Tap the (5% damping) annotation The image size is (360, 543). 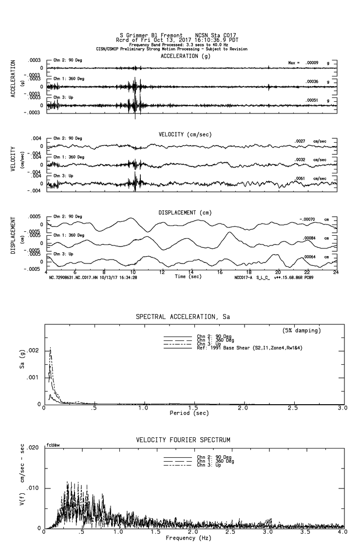[x=302, y=331]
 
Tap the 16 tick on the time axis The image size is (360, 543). [x=220, y=272]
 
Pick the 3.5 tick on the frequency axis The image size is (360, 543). [x=307, y=533]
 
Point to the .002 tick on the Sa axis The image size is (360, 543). [x=34, y=351]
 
